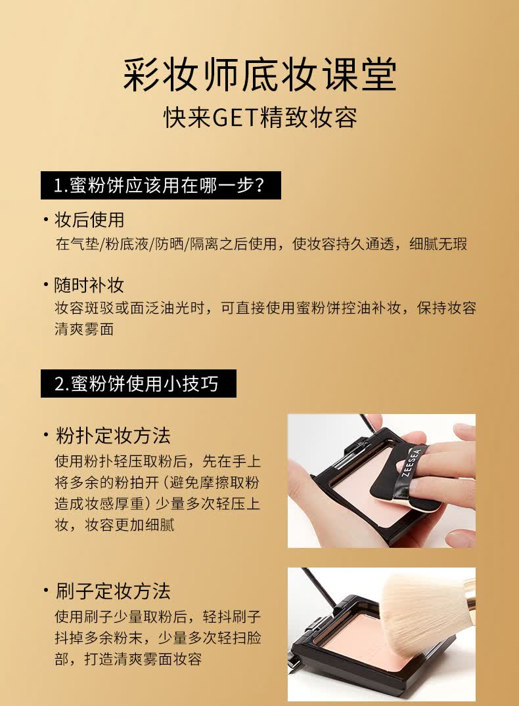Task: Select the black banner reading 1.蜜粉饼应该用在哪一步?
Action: coord(160,186)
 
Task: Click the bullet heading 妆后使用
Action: coord(89,220)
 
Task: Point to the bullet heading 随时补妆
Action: coord(89,285)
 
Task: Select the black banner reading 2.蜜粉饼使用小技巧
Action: coord(138,384)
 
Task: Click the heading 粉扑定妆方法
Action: coord(113,435)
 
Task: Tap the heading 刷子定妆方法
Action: coord(113,591)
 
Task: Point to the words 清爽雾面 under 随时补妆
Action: coord(84,329)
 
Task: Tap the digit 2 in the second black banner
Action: coord(59,384)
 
